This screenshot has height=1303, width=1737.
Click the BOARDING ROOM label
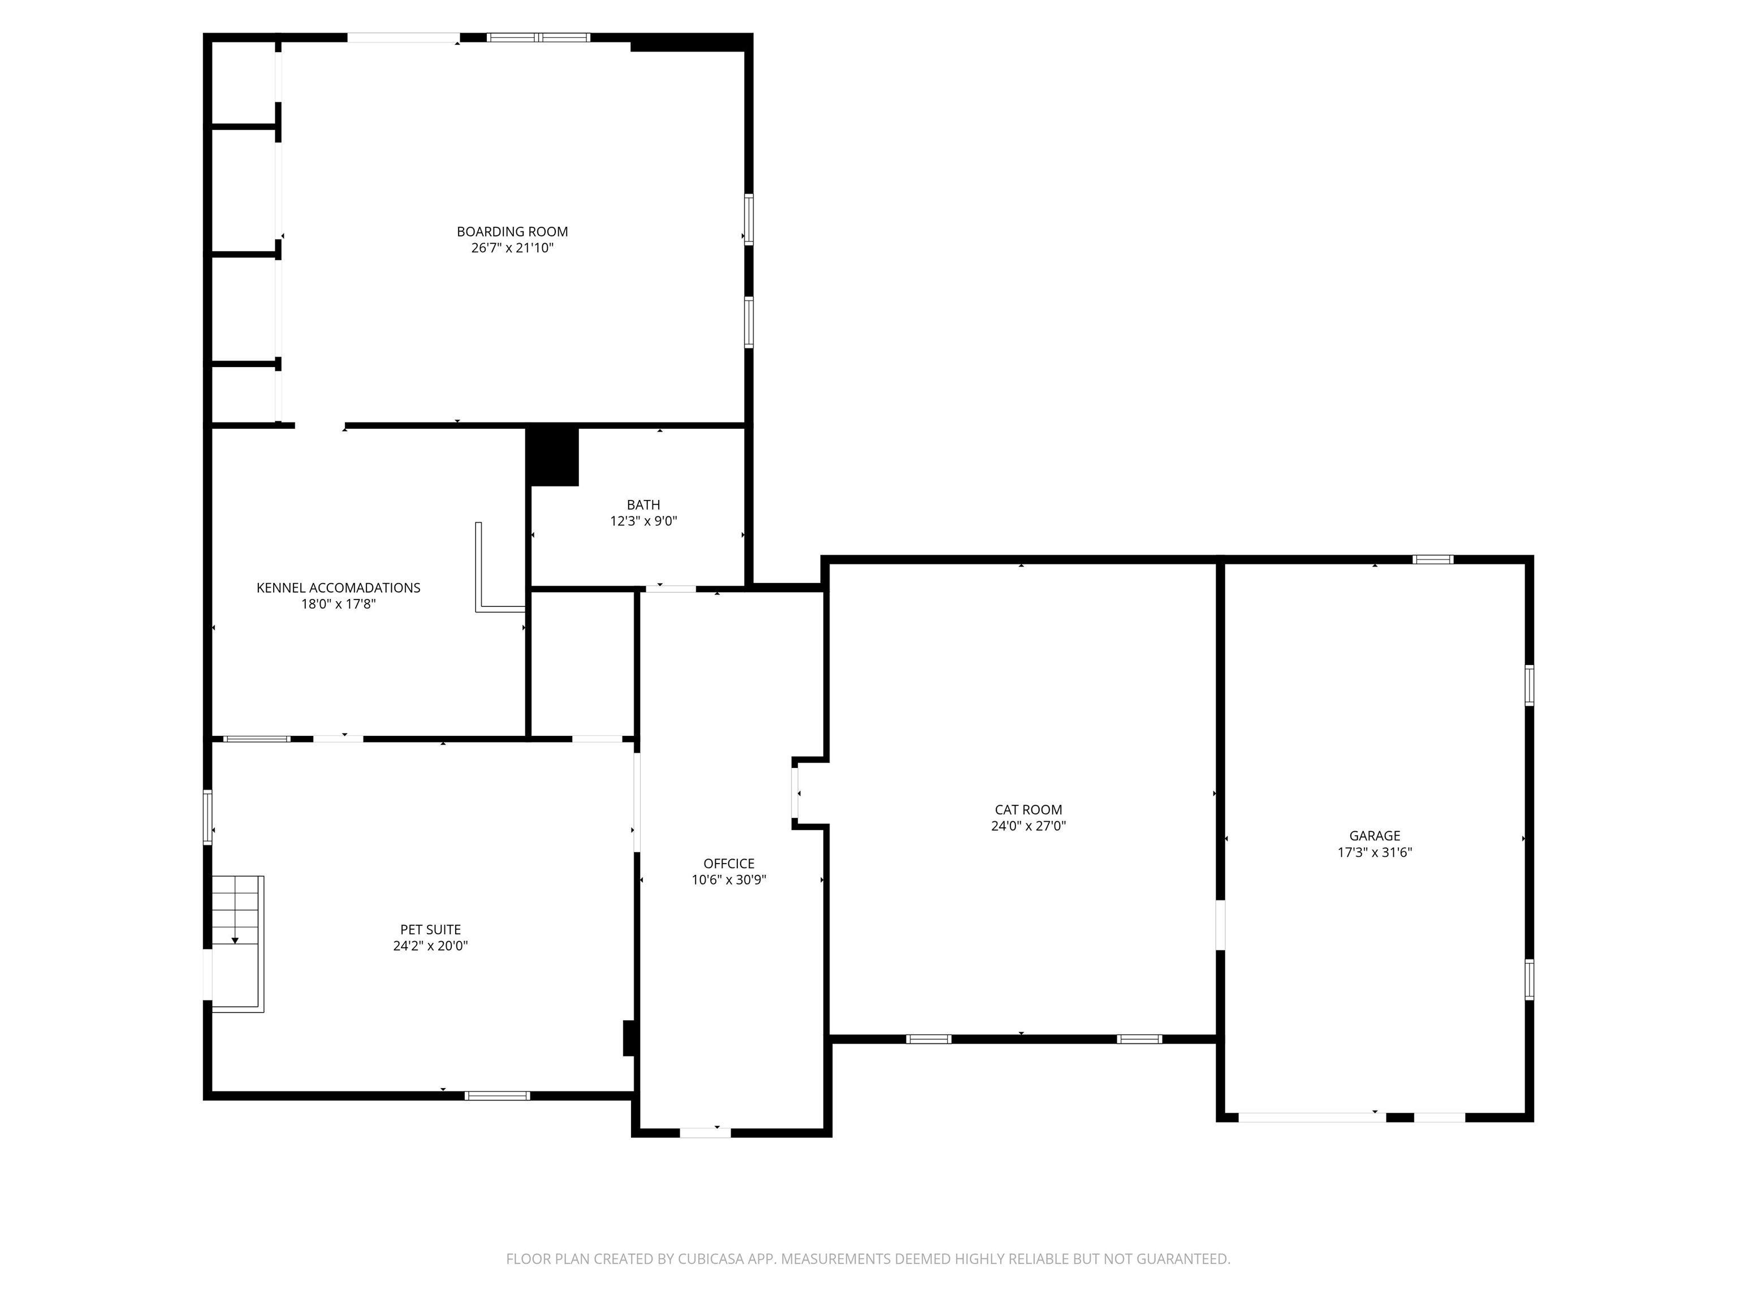tap(512, 232)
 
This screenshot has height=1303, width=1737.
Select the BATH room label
tap(643, 505)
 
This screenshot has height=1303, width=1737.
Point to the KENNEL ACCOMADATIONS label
tap(339, 588)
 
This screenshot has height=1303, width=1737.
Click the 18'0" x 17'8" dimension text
tap(339, 604)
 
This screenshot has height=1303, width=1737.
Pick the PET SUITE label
tap(430, 929)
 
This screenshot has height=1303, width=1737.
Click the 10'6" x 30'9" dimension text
tap(729, 879)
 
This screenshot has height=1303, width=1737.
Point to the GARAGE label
tap(1374, 836)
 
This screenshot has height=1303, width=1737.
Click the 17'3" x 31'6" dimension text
tap(1374, 852)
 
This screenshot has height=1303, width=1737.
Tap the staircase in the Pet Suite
tap(237, 943)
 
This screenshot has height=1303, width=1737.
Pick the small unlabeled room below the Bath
tap(582, 664)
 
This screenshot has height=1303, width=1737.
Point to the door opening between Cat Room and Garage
tap(1220, 925)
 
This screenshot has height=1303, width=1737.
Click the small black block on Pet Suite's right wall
tap(628, 1038)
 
